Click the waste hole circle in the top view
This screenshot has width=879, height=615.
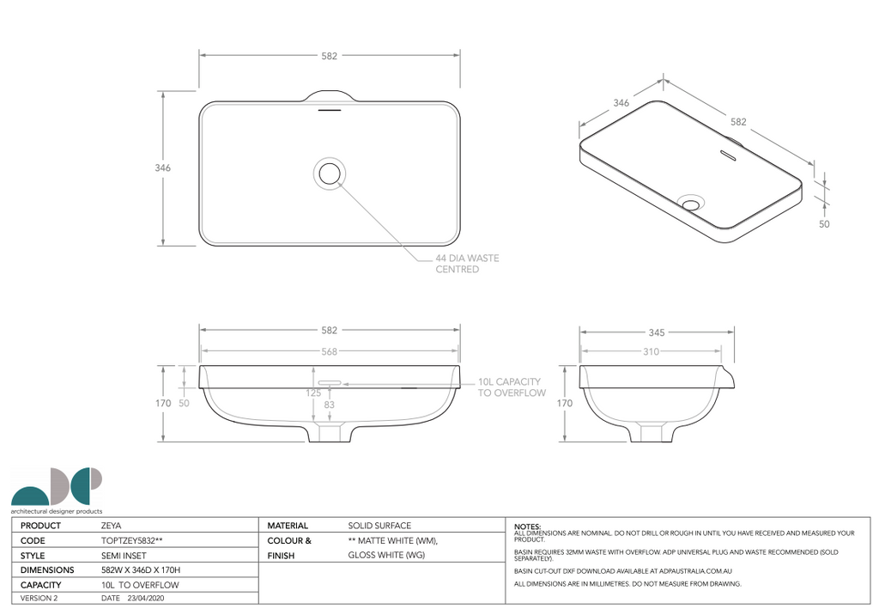330,172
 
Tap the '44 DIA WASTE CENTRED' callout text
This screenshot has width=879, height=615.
466,264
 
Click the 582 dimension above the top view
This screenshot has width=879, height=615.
330,56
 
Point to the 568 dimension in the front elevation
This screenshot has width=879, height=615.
330,351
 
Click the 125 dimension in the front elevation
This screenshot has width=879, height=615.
313,393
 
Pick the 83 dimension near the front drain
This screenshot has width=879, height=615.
329,404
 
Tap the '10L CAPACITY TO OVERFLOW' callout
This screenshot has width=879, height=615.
512,387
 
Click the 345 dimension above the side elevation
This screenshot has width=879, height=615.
656,332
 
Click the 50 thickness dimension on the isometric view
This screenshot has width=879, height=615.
824,223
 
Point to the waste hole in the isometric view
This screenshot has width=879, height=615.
691,203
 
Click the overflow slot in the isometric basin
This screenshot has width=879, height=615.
729,155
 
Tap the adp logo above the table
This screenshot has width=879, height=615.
57,489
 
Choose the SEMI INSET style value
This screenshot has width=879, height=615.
120,556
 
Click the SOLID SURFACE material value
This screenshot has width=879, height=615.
379,526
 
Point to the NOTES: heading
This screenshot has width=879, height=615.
527,526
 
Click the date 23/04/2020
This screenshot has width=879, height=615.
145,598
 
